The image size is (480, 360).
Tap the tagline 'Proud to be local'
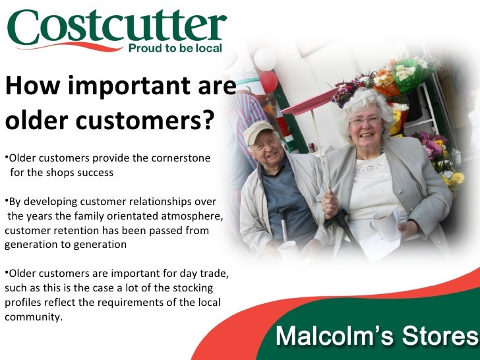point(175,48)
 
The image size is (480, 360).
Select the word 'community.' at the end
point(33,316)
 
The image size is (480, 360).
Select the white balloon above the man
point(264,59)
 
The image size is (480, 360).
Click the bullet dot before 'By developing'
point(3,200)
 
